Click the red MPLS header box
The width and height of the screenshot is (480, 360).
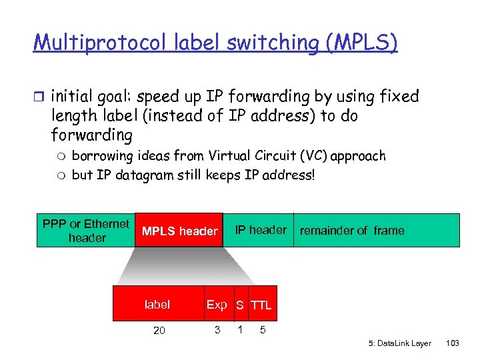tap(179, 231)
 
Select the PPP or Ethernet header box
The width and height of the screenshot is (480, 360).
tap(86, 231)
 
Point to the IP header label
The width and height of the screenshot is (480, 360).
tap(261, 230)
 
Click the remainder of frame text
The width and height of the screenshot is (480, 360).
tap(351, 231)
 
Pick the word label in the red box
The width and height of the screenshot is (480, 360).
tap(157, 305)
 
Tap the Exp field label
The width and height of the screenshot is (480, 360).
tap(217, 305)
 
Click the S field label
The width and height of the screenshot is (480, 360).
tap(239, 305)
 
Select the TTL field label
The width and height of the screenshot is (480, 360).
tap(261, 305)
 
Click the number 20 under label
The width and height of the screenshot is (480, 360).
tap(159, 330)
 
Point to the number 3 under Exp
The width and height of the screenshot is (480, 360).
tap(217, 329)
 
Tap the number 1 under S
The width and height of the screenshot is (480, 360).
tap(239, 329)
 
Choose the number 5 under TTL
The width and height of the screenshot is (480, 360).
tap(262, 329)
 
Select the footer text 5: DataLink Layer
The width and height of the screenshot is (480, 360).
tap(400, 343)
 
